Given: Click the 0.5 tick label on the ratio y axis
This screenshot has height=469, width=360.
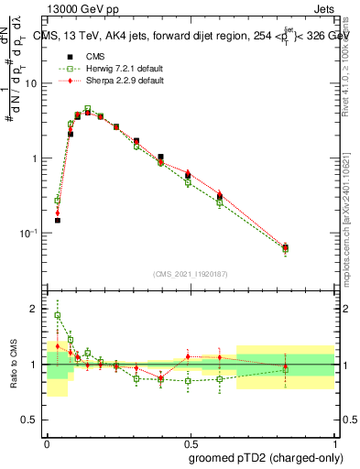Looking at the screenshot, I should click(x=32, y=420).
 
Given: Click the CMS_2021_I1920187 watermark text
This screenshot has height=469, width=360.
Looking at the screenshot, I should click(x=191, y=274).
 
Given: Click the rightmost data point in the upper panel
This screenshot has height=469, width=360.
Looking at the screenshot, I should click(x=311, y=247).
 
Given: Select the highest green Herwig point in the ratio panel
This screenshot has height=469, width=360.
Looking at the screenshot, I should click(x=58, y=315).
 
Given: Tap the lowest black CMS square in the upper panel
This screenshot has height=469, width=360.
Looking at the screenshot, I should click(x=57, y=220).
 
